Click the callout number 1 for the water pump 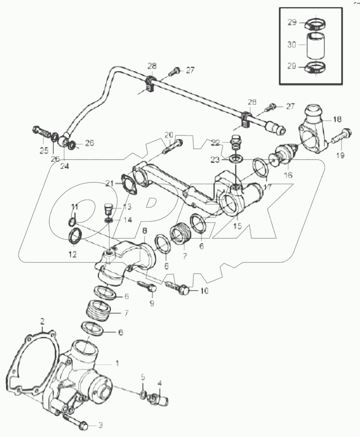pyautogui.click(x=118, y=363)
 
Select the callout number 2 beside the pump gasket pyautogui.click(x=42, y=322)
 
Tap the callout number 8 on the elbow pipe pyautogui.click(x=145, y=231)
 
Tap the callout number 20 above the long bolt pyautogui.click(x=168, y=135)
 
